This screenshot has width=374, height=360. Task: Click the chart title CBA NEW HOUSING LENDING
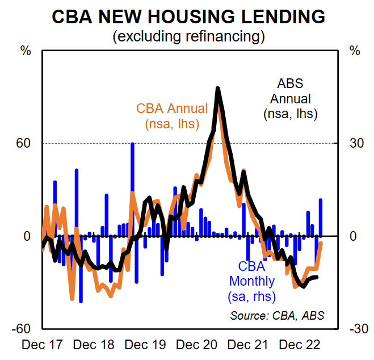click(188, 16)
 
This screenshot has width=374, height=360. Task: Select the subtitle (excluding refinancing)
click(188, 37)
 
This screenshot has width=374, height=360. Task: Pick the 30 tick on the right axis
click(355, 143)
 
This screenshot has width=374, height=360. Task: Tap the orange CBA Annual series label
click(171, 116)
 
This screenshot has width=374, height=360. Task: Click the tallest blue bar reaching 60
click(132, 170)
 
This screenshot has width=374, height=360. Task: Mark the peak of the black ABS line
click(218, 89)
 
